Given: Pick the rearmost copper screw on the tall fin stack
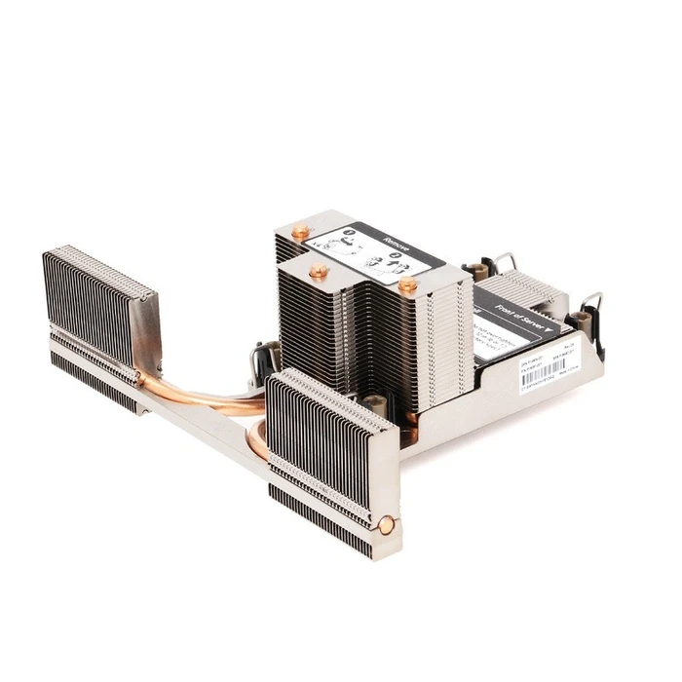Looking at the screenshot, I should point(300,232).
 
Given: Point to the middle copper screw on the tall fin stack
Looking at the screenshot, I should point(317,270).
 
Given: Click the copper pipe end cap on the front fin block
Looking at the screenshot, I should point(386,525).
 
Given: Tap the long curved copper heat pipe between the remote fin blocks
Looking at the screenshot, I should point(209,397).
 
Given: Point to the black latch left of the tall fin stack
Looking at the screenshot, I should point(264,360).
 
